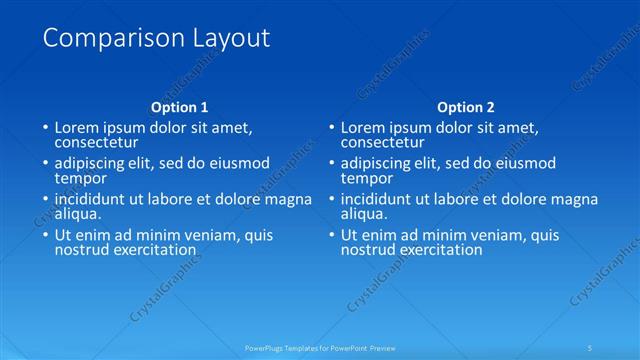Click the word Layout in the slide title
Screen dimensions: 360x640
[228, 39]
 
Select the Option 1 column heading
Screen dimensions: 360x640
[180, 107]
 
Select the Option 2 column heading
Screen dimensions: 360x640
[466, 107]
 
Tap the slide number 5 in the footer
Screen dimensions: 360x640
[592, 348]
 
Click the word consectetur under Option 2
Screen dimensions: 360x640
[381, 142]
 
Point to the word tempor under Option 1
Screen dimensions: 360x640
[79, 178]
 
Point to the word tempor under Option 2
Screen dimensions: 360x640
[366, 178]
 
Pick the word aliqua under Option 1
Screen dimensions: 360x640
[78, 214]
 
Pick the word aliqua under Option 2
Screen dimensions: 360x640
[365, 214]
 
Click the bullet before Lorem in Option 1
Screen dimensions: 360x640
[45, 128]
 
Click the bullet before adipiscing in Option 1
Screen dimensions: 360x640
[45, 164]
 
